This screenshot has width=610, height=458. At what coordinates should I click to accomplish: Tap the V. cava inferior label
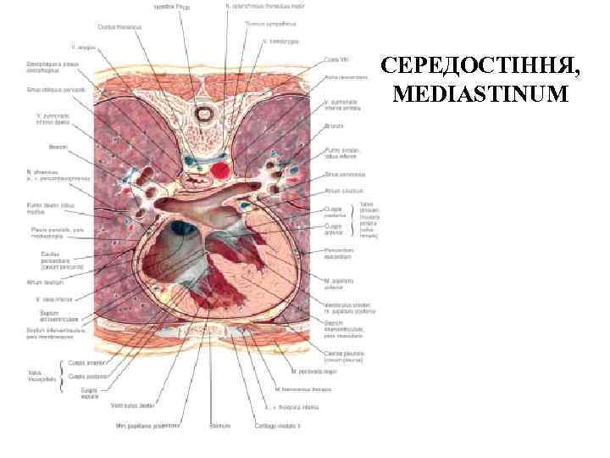click(x=50, y=299)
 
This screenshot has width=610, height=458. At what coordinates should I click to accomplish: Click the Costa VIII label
click(x=335, y=59)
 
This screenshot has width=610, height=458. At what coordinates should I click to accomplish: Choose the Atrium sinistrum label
click(x=341, y=191)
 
